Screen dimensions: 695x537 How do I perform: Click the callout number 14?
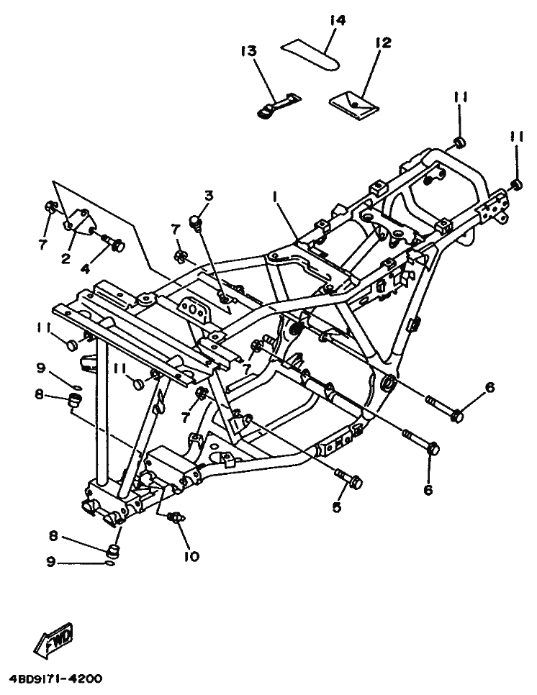[x=337, y=20]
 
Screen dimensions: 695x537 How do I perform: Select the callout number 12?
[x=382, y=43]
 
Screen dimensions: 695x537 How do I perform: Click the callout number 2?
[x=66, y=258]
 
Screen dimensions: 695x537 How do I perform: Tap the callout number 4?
[x=85, y=268]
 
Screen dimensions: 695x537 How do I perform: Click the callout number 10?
[x=194, y=555]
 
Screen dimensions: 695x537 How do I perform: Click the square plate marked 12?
[x=353, y=104]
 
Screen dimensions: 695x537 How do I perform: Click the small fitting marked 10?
[x=175, y=517]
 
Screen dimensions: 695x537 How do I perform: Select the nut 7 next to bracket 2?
[x=49, y=209]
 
